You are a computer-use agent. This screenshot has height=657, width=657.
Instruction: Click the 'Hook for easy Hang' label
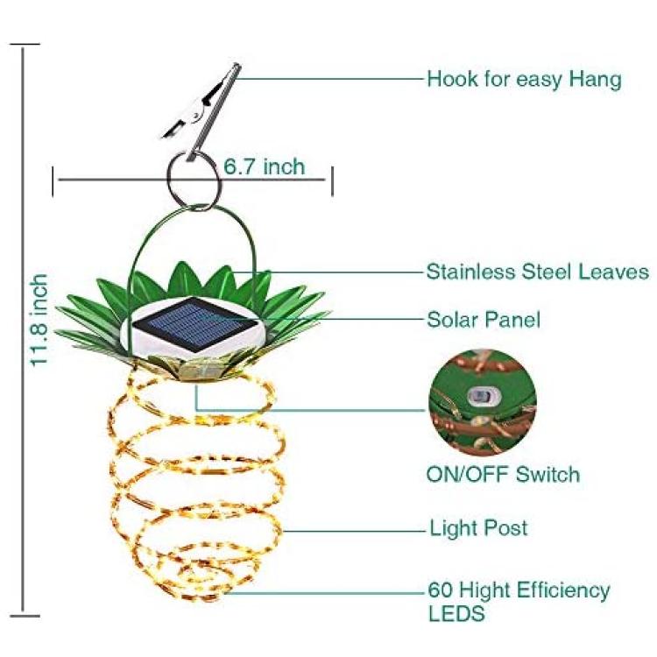click(x=524, y=80)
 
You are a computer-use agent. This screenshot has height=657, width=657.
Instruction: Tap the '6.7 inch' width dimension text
click(x=264, y=166)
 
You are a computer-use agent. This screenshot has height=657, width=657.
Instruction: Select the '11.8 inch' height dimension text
click(x=39, y=320)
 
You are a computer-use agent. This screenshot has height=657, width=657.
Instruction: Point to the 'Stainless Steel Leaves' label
click(x=538, y=272)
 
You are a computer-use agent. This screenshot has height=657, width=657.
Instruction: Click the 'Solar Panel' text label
click(x=484, y=320)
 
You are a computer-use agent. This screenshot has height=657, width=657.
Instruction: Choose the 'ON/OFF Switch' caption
click(x=503, y=474)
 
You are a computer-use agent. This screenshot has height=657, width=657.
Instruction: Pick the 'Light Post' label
click(x=478, y=528)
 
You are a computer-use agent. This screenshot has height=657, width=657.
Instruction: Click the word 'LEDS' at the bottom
click(x=456, y=613)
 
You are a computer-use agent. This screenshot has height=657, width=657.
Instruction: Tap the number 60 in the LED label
click(x=441, y=590)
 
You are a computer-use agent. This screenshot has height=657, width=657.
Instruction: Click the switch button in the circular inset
click(x=480, y=396)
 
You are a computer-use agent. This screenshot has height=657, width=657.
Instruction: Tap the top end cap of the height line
click(x=25, y=44)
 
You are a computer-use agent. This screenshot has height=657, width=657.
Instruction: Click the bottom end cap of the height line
click(x=25, y=616)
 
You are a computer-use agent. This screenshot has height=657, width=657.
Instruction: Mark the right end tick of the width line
click(x=332, y=181)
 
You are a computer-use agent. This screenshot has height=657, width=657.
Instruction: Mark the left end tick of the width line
click(x=53, y=181)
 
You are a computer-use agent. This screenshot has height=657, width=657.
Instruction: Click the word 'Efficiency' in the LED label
click(x=563, y=590)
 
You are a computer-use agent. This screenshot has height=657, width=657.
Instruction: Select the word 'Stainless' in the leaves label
click(x=470, y=272)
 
